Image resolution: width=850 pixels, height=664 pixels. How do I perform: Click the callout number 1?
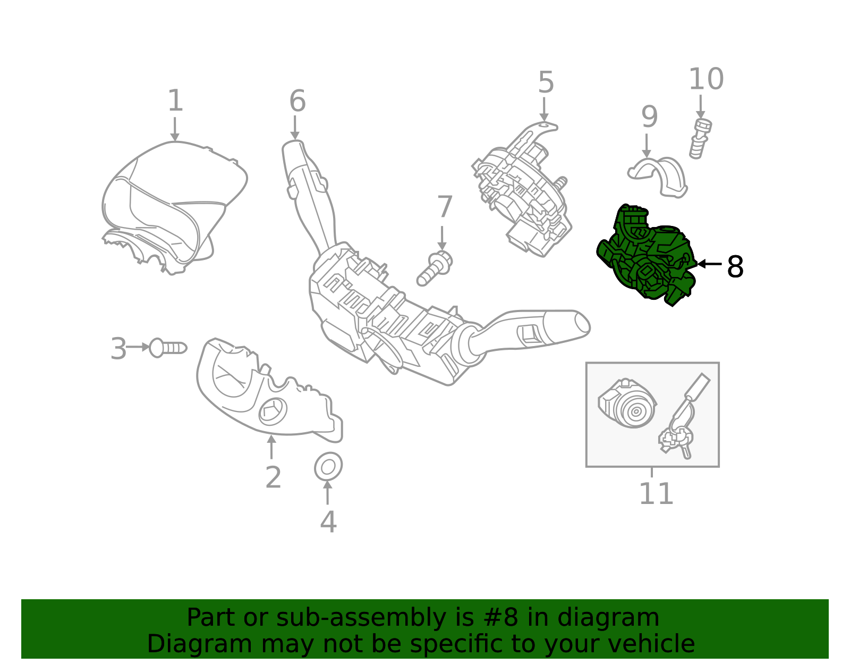(175, 101)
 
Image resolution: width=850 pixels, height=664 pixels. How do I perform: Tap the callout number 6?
(297, 101)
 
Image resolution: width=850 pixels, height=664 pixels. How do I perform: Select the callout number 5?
(546, 82)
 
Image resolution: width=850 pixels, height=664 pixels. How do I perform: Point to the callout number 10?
(706, 79)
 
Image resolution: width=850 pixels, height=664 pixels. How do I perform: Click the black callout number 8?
(735, 266)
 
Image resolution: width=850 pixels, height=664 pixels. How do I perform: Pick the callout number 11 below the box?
(656, 493)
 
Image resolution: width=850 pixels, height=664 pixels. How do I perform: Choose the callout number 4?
(328, 522)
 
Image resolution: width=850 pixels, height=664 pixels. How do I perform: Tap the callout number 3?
(118, 349)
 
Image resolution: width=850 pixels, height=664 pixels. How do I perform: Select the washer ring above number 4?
(328, 467)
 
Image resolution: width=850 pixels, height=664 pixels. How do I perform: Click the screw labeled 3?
(167, 348)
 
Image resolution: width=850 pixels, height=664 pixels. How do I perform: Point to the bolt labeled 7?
(435, 268)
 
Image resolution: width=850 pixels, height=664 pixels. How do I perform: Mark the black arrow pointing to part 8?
(709, 264)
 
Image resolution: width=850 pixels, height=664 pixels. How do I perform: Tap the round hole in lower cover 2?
(273, 411)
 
